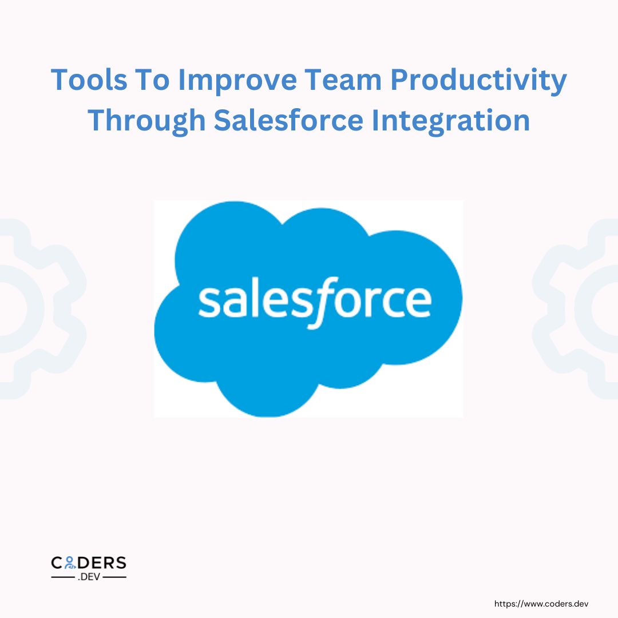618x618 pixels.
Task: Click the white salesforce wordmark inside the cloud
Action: click(x=314, y=302)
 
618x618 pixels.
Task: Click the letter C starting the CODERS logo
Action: click(x=58, y=563)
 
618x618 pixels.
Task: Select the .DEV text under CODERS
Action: click(x=89, y=577)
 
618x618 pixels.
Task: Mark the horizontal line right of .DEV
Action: click(x=114, y=577)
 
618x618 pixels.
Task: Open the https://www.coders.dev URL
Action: click(x=541, y=603)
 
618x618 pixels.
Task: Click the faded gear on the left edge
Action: click(x=34, y=309)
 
